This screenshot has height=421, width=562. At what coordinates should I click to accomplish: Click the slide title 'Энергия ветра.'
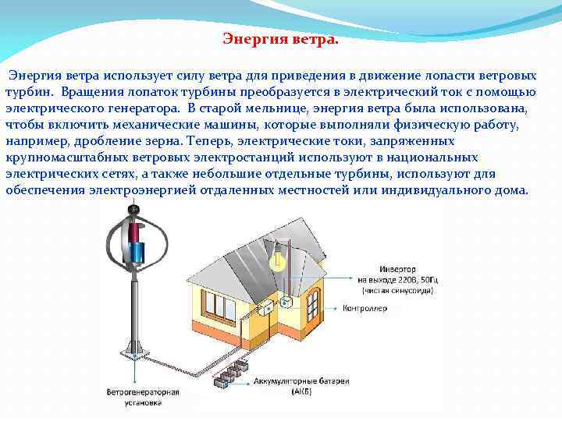click(280, 38)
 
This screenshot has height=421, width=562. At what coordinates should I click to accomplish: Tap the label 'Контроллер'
click(365, 308)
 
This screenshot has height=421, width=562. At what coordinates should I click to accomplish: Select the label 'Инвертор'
click(376, 270)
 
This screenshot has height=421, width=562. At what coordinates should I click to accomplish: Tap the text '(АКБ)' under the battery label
click(300, 391)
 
